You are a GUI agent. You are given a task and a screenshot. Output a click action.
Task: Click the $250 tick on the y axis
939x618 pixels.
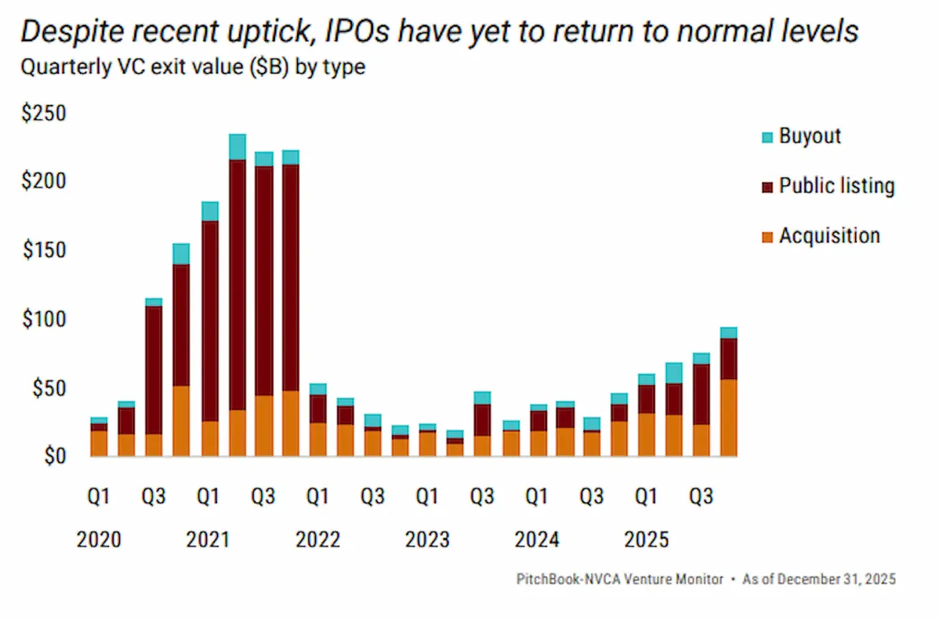click(44, 115)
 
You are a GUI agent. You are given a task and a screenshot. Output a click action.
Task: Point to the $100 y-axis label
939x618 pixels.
click(44, 320)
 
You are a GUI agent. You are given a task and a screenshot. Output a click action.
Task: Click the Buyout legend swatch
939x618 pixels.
click(768, 137)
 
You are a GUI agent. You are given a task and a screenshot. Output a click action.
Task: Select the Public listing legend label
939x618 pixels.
click(836, 186)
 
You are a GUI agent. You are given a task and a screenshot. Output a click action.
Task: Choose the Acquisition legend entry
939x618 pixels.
click(829, 236)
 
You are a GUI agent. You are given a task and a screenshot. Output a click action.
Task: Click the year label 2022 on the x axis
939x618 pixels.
click(318, 539)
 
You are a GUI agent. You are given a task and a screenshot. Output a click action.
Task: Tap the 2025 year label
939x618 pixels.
click(646, 539)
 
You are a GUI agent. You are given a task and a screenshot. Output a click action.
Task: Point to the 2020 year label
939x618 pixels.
click(99, 539)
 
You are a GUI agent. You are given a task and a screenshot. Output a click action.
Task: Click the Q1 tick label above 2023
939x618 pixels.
click(427, 496)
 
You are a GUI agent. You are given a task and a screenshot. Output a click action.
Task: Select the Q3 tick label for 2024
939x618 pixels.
click(591, 496)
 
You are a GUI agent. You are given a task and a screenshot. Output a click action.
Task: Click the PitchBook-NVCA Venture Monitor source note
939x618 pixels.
click(620, 579)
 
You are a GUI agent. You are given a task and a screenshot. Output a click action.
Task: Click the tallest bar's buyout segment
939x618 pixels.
click(238, 147)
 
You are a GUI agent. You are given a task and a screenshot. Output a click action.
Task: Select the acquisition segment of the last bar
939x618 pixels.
click(729, 418)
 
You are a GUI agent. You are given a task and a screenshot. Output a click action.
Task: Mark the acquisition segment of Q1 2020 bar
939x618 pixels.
click(99, 443)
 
